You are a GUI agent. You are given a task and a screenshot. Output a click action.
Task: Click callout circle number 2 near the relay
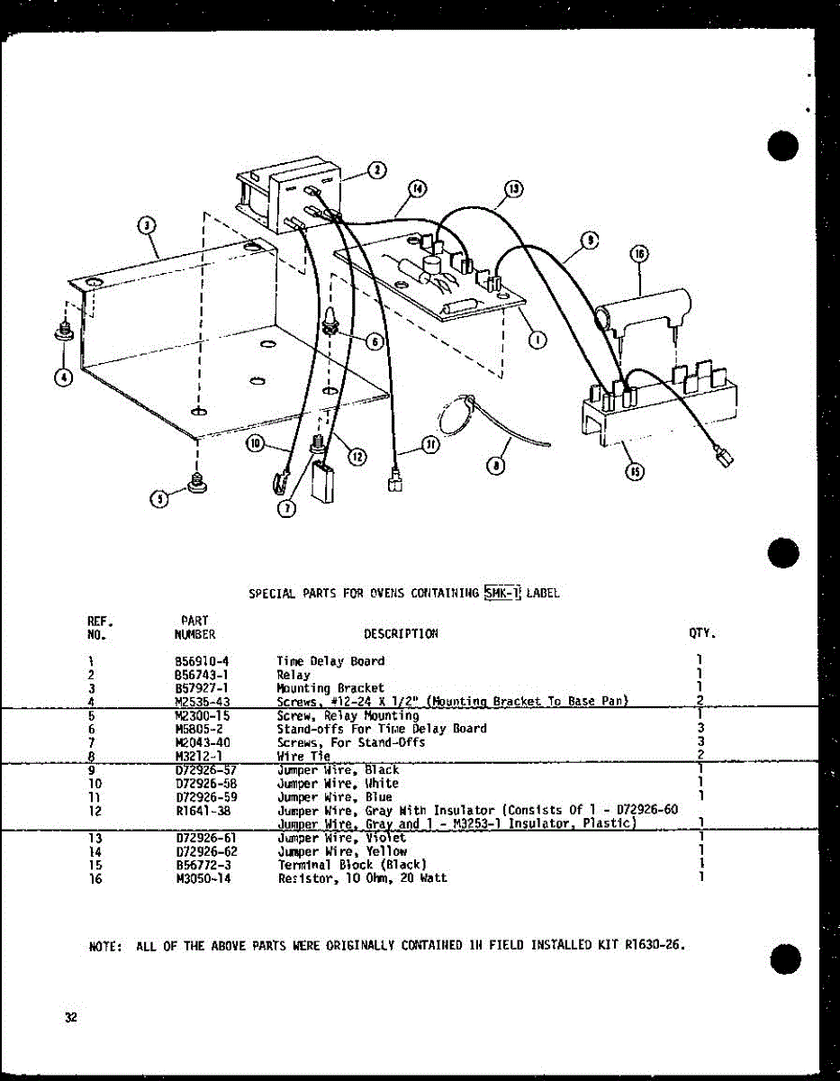pyautogui.click(x=377, y=169)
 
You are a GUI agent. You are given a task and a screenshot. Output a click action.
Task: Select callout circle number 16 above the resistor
pyautogui.click(x=639, y=256)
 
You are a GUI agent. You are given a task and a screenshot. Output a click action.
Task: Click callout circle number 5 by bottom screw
pyautogui.click(x=158, y=499)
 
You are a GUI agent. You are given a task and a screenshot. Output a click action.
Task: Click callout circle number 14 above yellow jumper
pyautogui.click(x=417, y=189)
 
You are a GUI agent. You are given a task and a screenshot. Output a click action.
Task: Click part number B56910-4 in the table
pyautogui.click(x=203, y=660)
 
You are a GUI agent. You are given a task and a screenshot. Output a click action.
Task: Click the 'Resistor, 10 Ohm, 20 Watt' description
pyautogui.click(x=362, y=877)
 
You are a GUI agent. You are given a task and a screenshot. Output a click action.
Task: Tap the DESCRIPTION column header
pyautogui.click(x=401, y=633)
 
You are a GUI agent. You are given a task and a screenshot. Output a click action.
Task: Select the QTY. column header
pyautogui.click(x=702, y=633)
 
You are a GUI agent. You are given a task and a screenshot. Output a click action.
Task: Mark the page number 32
pyautogui.click(x=70, y=1018)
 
